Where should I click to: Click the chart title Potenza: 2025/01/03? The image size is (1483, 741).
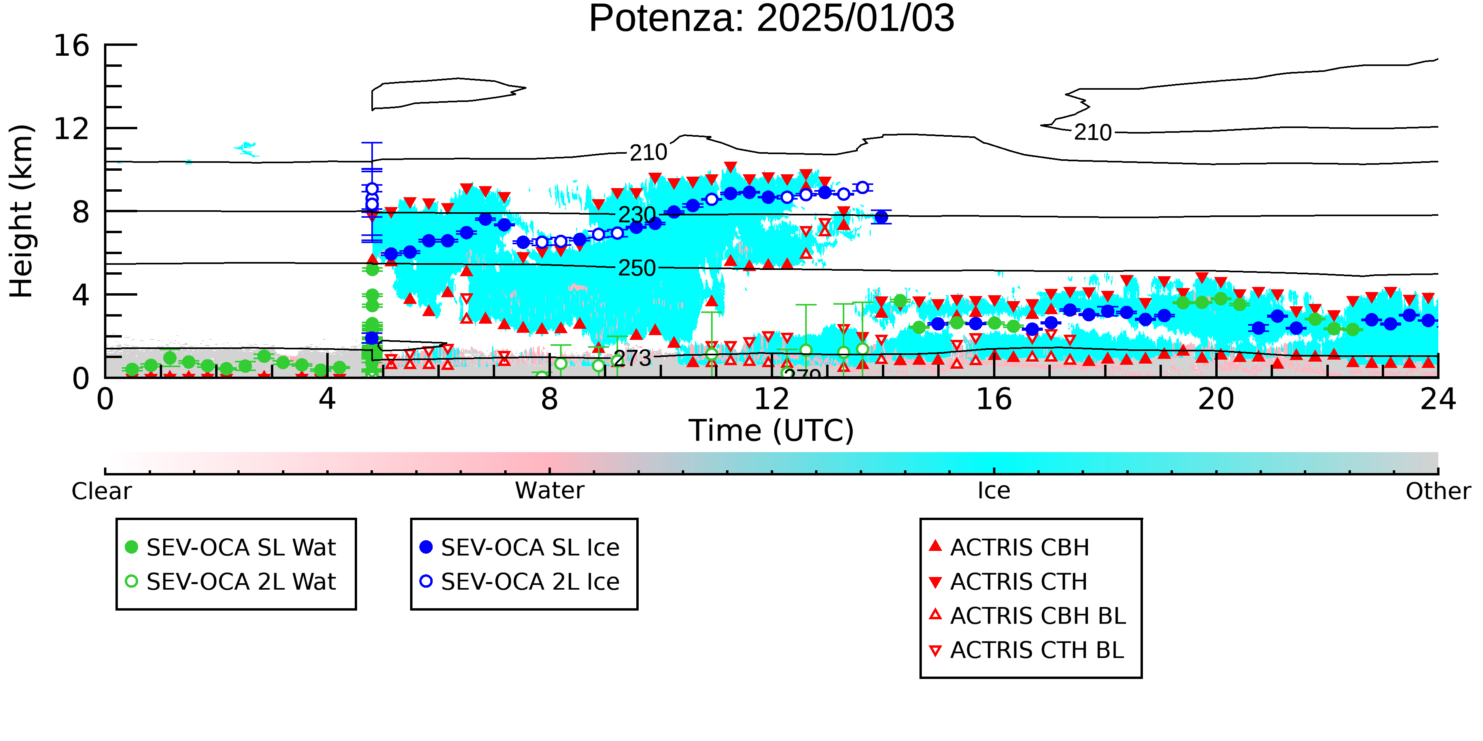(772, 19)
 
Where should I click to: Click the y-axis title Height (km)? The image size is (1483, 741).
(21, 211)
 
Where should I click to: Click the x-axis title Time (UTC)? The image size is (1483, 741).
(772, 430)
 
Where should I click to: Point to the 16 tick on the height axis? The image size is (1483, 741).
(72, 45)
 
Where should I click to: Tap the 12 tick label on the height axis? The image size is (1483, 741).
(72, 129)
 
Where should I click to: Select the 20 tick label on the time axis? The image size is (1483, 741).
(1216, 399)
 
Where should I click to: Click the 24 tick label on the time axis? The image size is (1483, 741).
(1438, 399)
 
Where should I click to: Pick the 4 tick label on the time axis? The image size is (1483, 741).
(327, 399)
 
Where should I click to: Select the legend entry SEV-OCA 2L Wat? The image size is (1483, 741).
(230, 582)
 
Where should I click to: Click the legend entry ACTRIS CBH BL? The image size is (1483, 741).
(1027, 616)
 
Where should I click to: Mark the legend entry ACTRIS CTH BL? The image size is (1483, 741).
(1026, 650)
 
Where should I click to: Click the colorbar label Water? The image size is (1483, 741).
(550, 491)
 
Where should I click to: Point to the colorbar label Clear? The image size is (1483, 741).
(101, 491)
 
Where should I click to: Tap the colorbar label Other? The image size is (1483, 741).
(1438, 491)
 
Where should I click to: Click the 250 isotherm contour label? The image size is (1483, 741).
(637, 268)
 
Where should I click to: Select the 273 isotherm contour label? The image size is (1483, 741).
(632, 358)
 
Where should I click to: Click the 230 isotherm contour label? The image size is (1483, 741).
(637, 215)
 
